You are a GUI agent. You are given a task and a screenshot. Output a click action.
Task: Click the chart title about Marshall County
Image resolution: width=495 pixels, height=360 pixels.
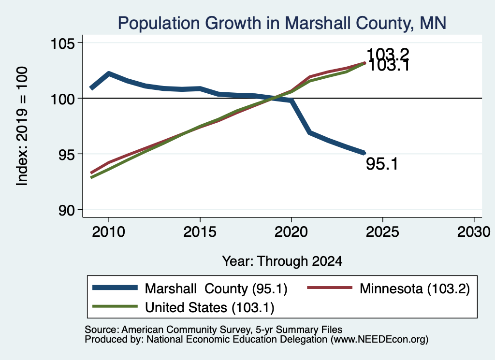coord(282,23)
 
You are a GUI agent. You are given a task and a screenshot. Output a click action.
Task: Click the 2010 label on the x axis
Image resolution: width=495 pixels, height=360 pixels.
coord(109,232)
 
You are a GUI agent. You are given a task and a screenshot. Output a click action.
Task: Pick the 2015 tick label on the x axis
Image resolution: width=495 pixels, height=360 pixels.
coord(200,232)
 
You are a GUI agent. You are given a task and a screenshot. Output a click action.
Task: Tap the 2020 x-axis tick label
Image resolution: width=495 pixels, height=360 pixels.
coord(291,232)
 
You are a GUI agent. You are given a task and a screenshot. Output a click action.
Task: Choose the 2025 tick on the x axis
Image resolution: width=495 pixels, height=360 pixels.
coord(382,232)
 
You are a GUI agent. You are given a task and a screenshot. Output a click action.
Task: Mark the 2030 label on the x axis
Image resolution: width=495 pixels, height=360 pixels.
coord(474,232)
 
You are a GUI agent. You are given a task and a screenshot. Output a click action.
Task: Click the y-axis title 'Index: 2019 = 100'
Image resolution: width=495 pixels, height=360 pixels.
coord(22,126)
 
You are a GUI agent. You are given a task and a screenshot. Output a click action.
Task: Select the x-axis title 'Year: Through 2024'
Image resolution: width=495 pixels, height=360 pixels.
coord(282,261)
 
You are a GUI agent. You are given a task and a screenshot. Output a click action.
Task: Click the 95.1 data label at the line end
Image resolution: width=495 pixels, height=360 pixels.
coord(382,164)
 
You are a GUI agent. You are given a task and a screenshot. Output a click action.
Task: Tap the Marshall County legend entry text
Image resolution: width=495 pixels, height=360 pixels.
coord(216,288)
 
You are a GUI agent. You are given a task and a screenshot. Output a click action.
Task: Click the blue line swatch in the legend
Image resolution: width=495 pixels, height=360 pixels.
coord(115,288)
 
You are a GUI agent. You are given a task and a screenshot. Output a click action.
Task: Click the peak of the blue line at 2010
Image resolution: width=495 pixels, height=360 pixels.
coord(109,74)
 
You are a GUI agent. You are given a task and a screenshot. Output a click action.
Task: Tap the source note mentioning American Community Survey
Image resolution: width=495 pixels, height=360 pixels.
coord(213,330)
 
